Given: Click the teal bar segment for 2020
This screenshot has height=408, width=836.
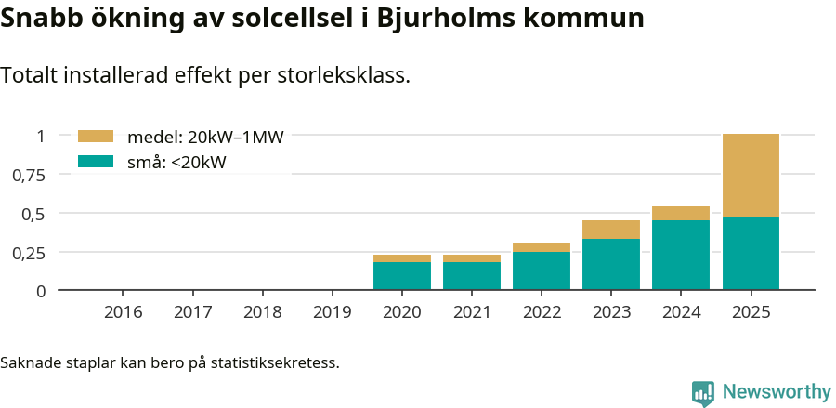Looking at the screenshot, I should (x=402, y=276).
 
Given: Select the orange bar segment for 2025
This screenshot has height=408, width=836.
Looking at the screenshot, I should (x=751, y=176).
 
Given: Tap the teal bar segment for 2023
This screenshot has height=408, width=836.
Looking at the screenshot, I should (x=611, y=265).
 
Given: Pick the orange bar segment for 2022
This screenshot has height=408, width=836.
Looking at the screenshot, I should (x=542, y=248).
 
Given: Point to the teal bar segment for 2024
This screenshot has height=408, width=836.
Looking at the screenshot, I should (x=681, y=256).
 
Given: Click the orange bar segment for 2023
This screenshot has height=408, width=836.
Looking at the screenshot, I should (x=611, y=230).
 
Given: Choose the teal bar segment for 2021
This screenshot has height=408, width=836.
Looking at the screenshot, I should (x=472, y=276).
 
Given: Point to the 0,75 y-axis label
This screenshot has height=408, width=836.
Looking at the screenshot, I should (x=28, y=175).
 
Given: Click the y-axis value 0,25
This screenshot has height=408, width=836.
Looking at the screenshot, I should (x=28, y=252).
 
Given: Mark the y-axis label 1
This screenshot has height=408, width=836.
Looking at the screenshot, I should (x=40, y=136).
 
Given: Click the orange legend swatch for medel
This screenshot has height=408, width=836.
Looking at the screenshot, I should (x=96, y=137).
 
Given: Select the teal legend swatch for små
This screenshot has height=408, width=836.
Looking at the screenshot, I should (x=96, y=162).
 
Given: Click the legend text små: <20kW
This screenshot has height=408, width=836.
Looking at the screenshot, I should (x=176, y=163).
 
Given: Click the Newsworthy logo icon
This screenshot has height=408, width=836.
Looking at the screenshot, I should (x=703, y=392).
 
